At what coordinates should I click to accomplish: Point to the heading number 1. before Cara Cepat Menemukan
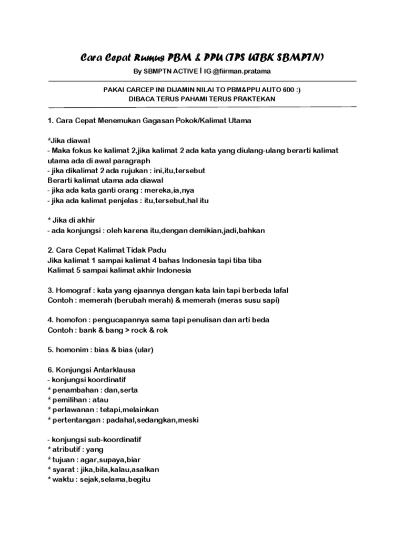click(x=50, y=121)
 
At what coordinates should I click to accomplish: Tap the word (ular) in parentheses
click(x=146, y=350)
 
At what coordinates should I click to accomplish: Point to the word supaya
click(x=114, y=459)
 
